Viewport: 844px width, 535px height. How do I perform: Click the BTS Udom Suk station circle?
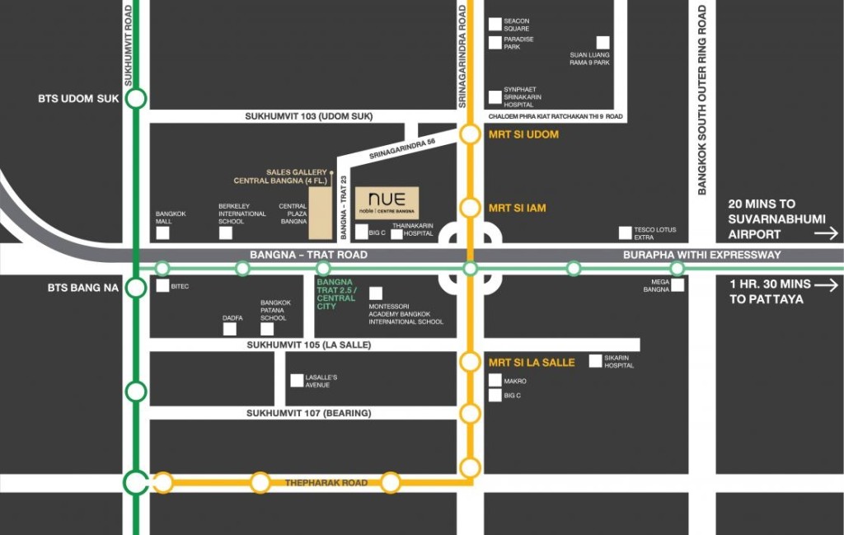[x=136, y=99]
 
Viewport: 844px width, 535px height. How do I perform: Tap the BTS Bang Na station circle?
[x=136, y=288]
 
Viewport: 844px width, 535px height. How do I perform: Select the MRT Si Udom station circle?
[x=470, y=134]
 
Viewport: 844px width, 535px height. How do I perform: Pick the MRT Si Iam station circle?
[x=470, y=208]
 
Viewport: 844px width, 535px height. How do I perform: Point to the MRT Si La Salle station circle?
[x=470, y=361]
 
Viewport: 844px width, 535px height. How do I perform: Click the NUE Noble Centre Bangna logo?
[x=387, y=203]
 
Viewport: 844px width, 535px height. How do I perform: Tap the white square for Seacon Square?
[x=495, y=25]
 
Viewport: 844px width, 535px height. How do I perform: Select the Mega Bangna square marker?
[x=678, y=285]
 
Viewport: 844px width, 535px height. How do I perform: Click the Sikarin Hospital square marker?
[x=596, y=360]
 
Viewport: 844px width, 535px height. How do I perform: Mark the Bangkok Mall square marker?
[x=163, y=232]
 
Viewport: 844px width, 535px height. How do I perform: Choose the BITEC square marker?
[x=160, y=286]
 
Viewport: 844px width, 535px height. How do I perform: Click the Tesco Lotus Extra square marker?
[x=626, y=232]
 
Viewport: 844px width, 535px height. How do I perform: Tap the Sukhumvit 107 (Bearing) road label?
[x=308, y=412]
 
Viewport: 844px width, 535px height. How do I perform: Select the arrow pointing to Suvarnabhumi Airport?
[x=825, y=234]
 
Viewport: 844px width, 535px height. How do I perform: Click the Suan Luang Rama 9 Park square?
[x=603, y=42]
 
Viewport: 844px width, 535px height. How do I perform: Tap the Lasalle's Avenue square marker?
[x=297, y=381]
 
